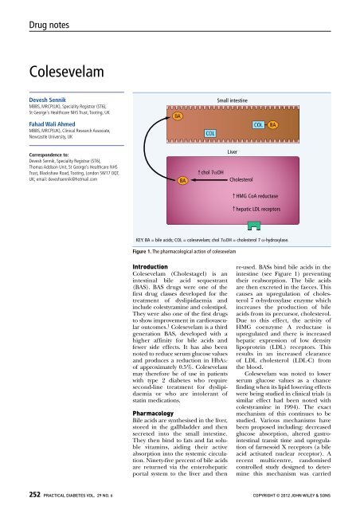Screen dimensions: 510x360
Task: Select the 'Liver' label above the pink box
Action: [237, 151]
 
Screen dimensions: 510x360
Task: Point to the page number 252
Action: [13, 498]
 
